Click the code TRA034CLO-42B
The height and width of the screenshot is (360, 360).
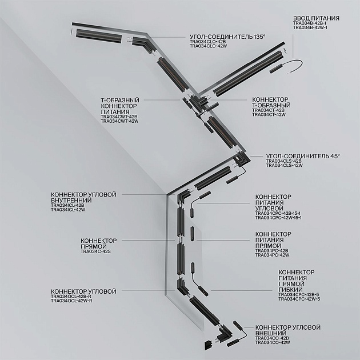coord(207,42)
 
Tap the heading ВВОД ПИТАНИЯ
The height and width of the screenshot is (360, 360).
coord(316,19)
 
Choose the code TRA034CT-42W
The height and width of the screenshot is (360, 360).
coord(269,114)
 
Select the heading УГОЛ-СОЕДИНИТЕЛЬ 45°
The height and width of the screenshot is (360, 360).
coord(303,155)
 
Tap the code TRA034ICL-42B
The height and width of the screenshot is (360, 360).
coord(67,205)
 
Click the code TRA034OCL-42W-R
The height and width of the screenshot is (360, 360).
coord(71,301)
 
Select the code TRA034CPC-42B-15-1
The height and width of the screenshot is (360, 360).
coord(278,213)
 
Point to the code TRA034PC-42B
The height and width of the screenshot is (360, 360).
coord(271,250)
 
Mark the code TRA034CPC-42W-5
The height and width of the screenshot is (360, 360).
coord(299,299)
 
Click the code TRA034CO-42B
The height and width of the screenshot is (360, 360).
coord(272,338)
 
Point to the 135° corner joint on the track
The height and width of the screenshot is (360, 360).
coord(139,43)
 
